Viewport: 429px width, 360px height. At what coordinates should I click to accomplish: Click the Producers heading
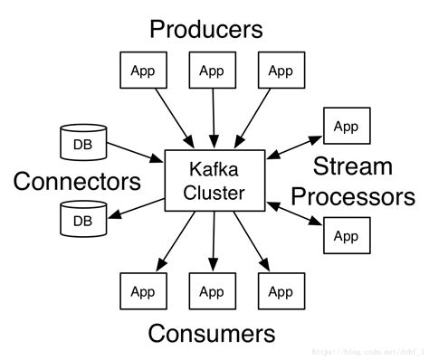[206, 29]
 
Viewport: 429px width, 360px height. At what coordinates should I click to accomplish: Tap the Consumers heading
[211, 333]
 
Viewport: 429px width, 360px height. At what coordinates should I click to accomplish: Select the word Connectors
[77, 182]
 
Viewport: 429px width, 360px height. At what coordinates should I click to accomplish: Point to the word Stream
[352, 166]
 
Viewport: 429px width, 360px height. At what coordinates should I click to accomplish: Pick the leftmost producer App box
[142, 71]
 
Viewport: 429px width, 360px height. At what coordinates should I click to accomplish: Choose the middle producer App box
[211, 71]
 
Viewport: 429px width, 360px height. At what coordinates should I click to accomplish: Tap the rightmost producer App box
[280, 71]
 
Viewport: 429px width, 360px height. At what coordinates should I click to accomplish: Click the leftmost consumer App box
[142, 291]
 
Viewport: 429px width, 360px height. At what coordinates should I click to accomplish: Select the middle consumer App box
[211, 291]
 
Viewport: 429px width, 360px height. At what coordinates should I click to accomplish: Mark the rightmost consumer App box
[280, 291]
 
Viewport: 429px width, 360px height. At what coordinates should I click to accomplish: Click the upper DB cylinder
[82, 142]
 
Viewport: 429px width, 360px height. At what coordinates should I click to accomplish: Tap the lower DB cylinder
[82, 220]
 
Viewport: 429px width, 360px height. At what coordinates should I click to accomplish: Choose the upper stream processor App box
[345, 127]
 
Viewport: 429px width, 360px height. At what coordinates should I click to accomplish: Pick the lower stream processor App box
[345, 236]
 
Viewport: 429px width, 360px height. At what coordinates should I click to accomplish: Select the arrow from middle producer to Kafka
[212, 118]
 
